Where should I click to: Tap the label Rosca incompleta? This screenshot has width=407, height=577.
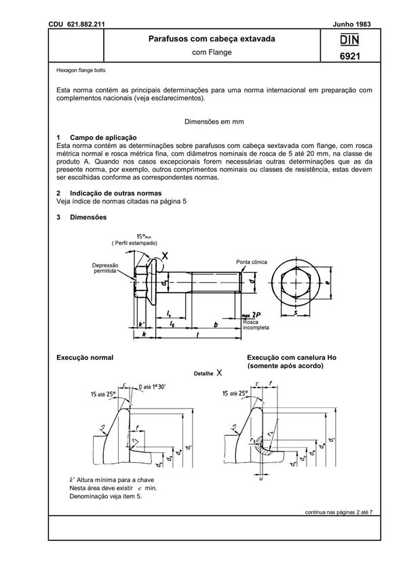258,324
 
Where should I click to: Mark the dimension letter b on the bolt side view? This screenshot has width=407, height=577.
215,324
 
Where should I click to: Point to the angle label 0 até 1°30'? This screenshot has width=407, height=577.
156,386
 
